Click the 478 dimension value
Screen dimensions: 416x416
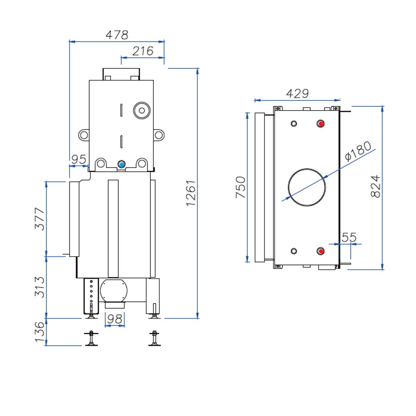pos(116,35)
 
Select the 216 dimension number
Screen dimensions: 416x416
pos(142,51)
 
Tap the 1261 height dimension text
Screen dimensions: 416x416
pos(191,193)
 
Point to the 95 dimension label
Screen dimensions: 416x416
pos(79,159)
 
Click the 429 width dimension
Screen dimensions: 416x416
pos(297,93)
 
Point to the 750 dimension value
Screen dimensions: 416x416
pos(241,187)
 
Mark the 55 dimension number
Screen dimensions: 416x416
pos(349,238)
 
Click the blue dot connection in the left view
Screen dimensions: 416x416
pos(122,164)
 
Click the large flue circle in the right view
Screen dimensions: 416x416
pos(306,187)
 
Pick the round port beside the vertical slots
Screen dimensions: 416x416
pos(141,110)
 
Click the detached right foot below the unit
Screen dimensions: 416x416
pos(154,339)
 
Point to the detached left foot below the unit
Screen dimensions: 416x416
pos(91,339)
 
